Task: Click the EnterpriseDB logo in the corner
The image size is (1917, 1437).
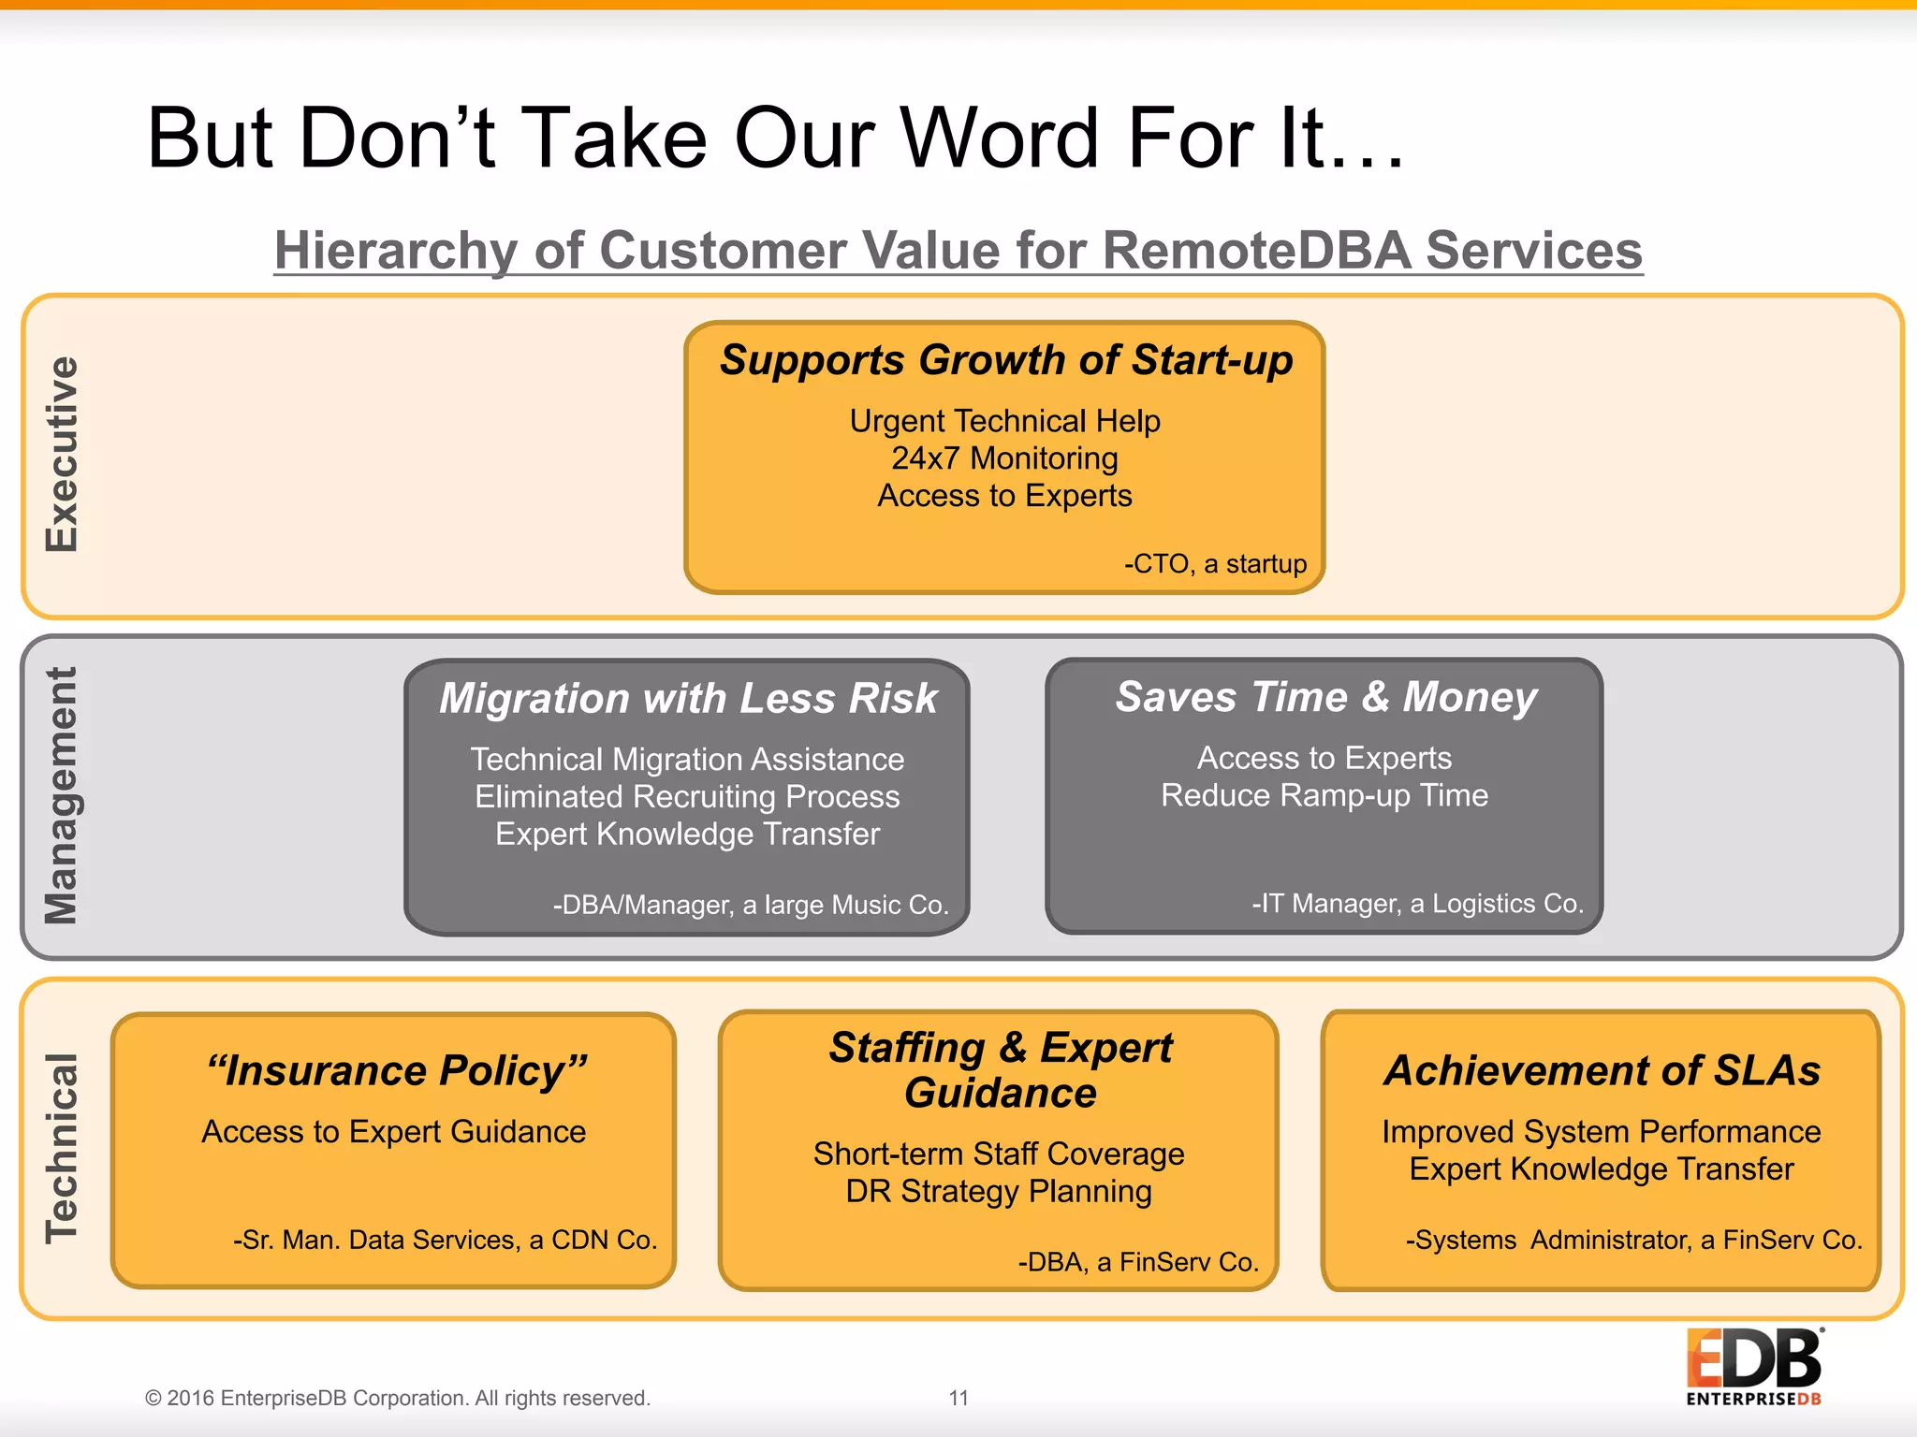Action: pyautogui.click(x=1753, y=1366)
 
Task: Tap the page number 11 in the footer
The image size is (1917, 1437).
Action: pyautogui.click(x=958, y=1398)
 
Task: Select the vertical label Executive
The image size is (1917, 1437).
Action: pyautogui.click(x=62, y=455)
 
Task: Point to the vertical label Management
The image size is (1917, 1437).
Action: pyautogui.click(x=62, y=796)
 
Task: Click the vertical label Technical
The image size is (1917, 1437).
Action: pyautogui.click(x=62, y=1149)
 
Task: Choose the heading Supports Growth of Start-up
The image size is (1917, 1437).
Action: pyautogui.click(x=1005, y=360)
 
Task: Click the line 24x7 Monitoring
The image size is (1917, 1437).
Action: pyautogui.click(x=1004, y=458)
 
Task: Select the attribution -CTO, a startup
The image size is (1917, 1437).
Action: pyautogui.click(x=1215, y=563)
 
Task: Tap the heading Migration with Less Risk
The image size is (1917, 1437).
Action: pyautogui.click(x=688, y=698)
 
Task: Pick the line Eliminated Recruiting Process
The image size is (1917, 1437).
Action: pyautogui.click(x=687, y=796)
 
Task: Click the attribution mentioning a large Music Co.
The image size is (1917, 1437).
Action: pyautogui.click(x=751, y=905)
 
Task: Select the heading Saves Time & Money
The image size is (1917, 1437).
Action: pyautogui.click(x=1325, y=697)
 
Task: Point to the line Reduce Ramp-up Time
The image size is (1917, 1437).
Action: pyautogui.click(x=1324, y=795)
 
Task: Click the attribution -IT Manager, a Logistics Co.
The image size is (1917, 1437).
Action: pyautogui.click(x=1417, y=904)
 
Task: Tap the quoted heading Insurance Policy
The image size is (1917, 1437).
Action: pyautogui.click(x=397, y=1070)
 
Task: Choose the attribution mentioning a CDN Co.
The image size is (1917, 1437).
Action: pyautogui.click(x=446, y=1240)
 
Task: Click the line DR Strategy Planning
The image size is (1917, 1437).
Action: pyautogui.click(x=999, y=1191)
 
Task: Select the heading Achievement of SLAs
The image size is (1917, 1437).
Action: pyautogui.click(x=1602, y=1070)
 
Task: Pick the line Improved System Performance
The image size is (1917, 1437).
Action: pyautogui.click(x=1601, y=1132)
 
